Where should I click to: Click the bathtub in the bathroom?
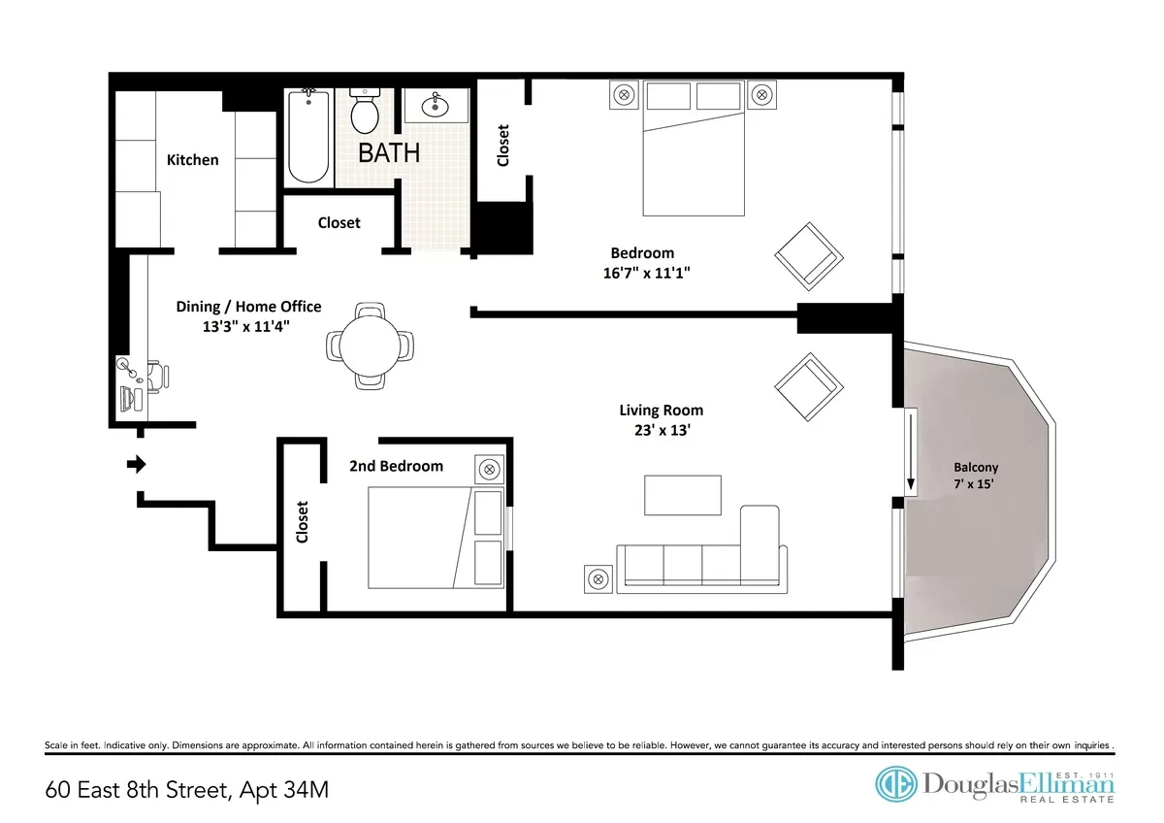tap(309, 137)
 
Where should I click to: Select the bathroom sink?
tap(433, 107)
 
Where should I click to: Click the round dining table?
tap(369, 346)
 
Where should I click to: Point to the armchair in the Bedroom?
tap(807, 255)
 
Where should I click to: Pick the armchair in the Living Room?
tap(807, 384)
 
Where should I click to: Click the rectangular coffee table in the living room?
tap(683, 495)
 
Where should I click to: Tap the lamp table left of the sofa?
tap(599, 578)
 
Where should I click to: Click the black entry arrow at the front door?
tap(137, 465)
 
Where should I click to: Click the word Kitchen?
tap(193, 159)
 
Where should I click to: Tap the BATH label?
tap(389, 152)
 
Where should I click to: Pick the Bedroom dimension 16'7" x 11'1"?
tap(645, 273)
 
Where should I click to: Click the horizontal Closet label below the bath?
tap(339, 222)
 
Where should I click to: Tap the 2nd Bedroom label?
tap(396, 466)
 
